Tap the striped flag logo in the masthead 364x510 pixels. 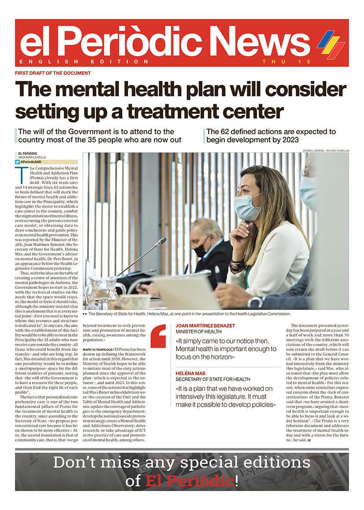click(x=331, y=44)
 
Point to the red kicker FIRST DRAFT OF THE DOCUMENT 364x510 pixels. click(x=53, y=73)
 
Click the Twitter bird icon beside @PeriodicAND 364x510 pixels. click(x=17, y=162)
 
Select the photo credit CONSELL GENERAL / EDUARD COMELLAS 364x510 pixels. click(x=326, y=151)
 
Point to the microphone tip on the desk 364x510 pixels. click(x=163, y=241)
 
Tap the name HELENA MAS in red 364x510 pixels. click(x=190, y=373)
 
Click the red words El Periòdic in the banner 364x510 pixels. click(x=189, y=481)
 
